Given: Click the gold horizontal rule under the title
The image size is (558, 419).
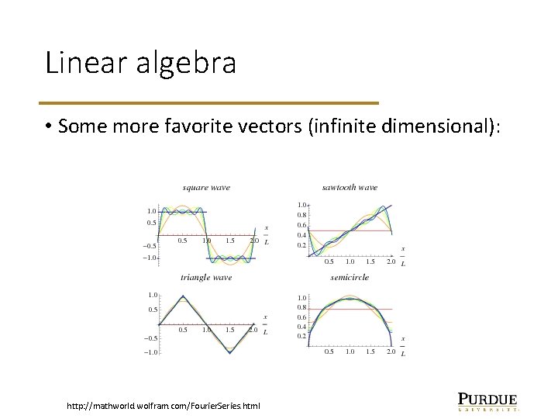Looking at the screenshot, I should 211,102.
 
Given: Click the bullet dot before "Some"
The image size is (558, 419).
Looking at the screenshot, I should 48,126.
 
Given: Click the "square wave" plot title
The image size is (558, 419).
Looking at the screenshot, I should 206,188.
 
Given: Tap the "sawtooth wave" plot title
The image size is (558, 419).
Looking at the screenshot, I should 350,188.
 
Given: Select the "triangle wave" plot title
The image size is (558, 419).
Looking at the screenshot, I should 206,277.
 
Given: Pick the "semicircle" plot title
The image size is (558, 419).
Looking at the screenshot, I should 350,277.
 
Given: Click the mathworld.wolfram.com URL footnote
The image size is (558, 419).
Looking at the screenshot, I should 164,405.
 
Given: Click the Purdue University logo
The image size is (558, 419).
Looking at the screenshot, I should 487,400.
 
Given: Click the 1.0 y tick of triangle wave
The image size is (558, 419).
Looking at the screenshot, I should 153,295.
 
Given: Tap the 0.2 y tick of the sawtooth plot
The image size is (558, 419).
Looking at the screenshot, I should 301,245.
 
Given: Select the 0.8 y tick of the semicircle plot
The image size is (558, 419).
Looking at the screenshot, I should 301,308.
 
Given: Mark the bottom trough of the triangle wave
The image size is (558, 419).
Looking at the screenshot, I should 230,352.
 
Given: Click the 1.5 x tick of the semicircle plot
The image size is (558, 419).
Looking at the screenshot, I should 370,351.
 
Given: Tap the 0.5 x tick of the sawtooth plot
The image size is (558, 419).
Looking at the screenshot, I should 329,261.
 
